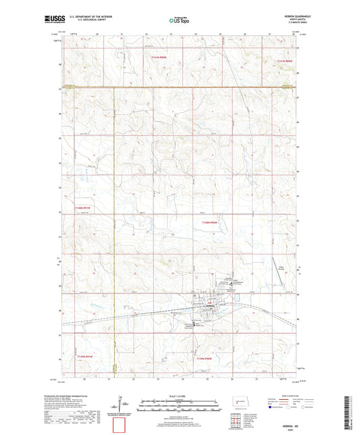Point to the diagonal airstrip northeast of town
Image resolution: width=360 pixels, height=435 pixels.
click(x=277, y=264)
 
